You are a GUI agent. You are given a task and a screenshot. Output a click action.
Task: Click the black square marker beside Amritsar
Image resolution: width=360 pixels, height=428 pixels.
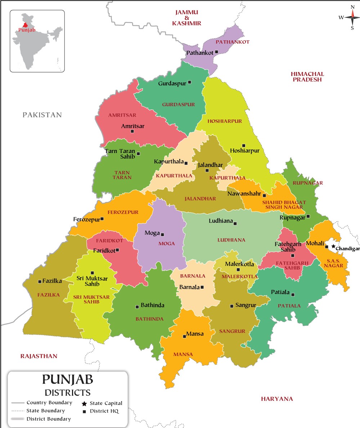[x=132, y=131]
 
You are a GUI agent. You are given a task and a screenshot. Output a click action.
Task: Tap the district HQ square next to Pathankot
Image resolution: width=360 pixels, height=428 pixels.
[x=217, y=52]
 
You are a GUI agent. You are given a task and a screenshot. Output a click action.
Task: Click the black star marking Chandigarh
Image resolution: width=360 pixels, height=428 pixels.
[x=333, y=247]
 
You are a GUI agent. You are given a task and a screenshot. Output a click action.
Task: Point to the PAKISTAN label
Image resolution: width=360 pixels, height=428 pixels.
[x=42, y=115]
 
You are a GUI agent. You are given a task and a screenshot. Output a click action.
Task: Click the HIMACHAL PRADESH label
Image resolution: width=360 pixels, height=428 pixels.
[x=307, y=76]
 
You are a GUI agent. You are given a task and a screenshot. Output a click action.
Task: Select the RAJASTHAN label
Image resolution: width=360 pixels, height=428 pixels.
[x=39, y=356]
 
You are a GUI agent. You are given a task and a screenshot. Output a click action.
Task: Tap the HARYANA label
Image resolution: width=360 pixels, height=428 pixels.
[x=277, y=399]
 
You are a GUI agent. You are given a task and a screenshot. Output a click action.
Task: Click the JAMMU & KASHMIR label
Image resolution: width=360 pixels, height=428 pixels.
[x=186, y=18]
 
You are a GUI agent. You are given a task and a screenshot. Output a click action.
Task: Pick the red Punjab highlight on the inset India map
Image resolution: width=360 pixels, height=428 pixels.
[x=25, y=25]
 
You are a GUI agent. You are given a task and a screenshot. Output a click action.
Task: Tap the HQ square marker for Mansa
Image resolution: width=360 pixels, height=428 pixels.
[x=185, y=336]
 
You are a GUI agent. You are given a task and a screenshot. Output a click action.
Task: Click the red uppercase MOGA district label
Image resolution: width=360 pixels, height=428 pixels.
[x=166, y=244]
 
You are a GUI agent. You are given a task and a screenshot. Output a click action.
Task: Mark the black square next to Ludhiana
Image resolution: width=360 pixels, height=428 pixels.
[x=235, y=224]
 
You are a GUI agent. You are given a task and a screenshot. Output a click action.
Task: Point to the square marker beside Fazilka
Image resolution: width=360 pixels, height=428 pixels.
[x=39, y=281]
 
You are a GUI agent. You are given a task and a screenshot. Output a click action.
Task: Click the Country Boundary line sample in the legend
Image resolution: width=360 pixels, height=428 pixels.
[x=18, y=403]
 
